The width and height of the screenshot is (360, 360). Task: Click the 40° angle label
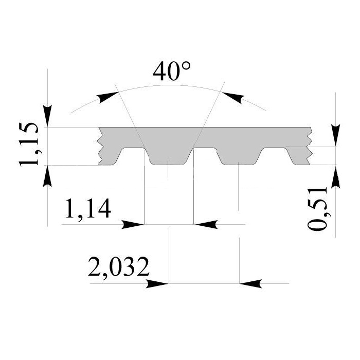point(172,71)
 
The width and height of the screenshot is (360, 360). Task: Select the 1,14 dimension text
point(88,209)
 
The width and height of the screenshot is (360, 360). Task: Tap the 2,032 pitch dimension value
point(118,267)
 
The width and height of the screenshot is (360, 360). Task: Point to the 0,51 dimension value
point(317,208)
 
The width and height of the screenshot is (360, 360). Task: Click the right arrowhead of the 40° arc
point(232,97)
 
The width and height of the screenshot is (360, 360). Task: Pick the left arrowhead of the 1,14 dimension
point(133,224)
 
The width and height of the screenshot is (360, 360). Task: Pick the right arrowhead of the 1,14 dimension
point(206,224)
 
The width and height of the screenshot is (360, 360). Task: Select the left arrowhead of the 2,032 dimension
point(157,284)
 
